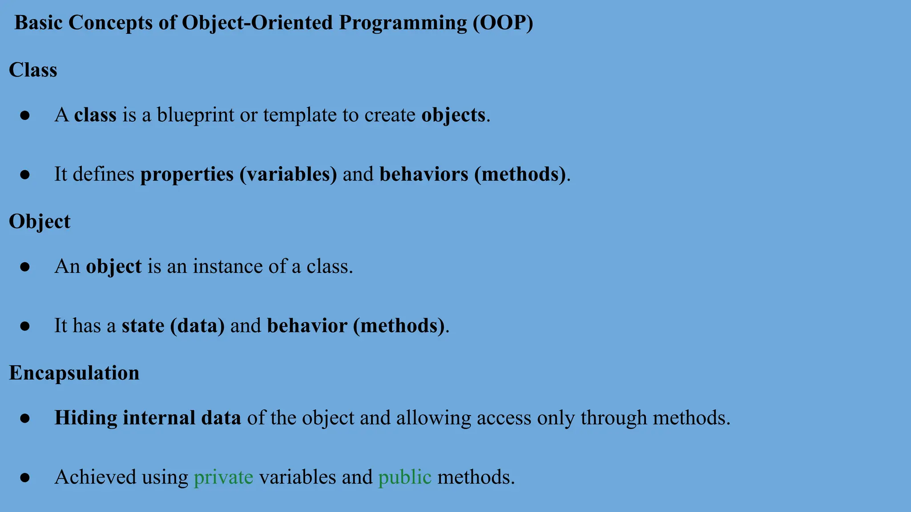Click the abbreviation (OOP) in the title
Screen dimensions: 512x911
(x=503, y=23)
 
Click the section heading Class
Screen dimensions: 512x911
(x=33, y=70)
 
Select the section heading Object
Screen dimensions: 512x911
(x=39, y=221)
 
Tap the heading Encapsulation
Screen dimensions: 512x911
(x=74, y=373)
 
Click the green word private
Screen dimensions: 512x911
(x=223, y=477)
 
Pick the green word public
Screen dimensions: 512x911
(x=404, y=477)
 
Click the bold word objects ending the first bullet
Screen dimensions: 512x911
(x=453, y=116)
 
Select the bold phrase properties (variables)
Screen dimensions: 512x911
(x=238, y=174)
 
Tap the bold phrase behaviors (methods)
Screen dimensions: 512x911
(x=472, y=174)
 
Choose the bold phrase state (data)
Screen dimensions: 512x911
(x=173, y=326)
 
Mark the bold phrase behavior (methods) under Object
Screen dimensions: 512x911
(x=355, y=326)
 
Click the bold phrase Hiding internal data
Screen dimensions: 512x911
(x=148, y=418)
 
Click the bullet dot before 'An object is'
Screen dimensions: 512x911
(x=25, y=267)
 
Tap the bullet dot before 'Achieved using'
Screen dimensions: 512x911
(x=25, y=478)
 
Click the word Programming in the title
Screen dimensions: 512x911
(x=403, y=23)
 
